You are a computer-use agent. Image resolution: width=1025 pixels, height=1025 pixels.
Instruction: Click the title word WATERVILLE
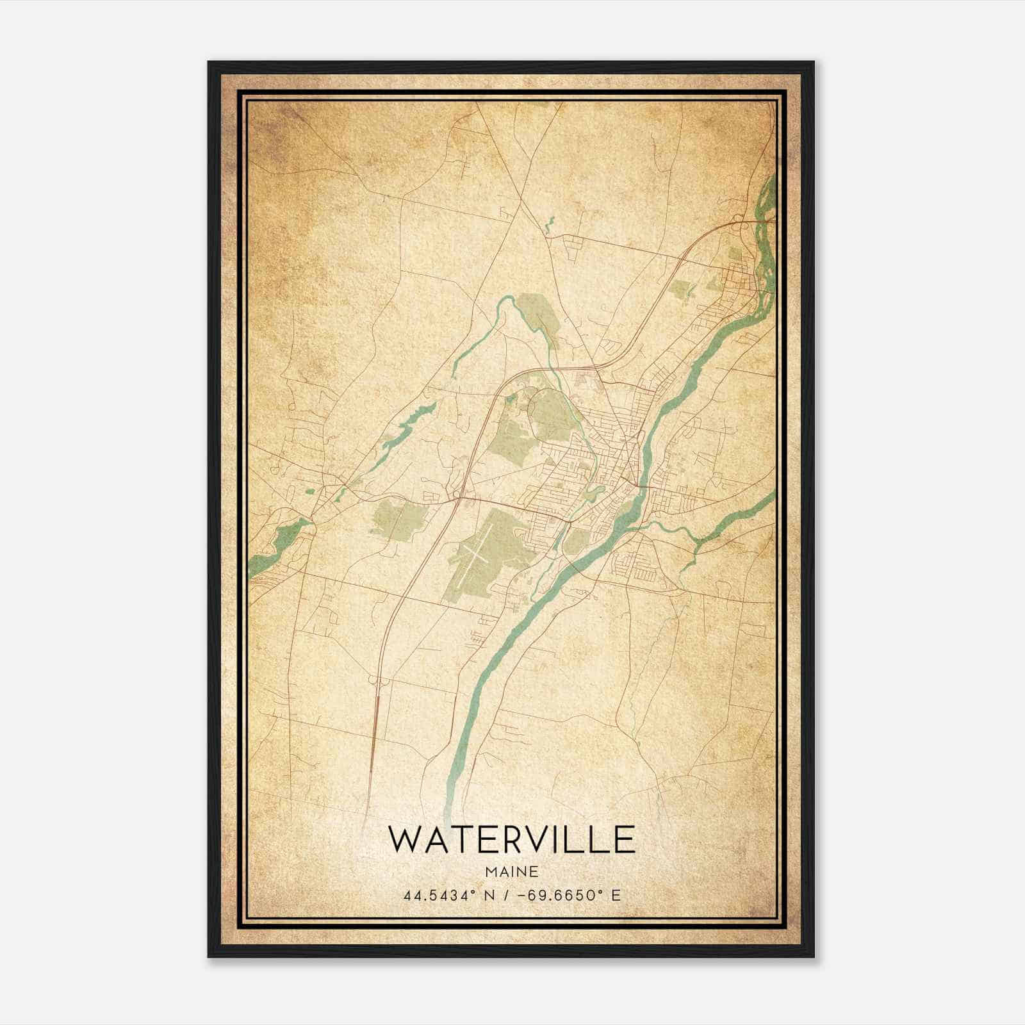[x=511, y=840]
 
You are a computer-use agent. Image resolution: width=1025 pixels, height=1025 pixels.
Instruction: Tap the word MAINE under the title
[x=511, y=872]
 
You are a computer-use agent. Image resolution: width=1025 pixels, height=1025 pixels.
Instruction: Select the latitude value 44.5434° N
[x=440, y=895]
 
